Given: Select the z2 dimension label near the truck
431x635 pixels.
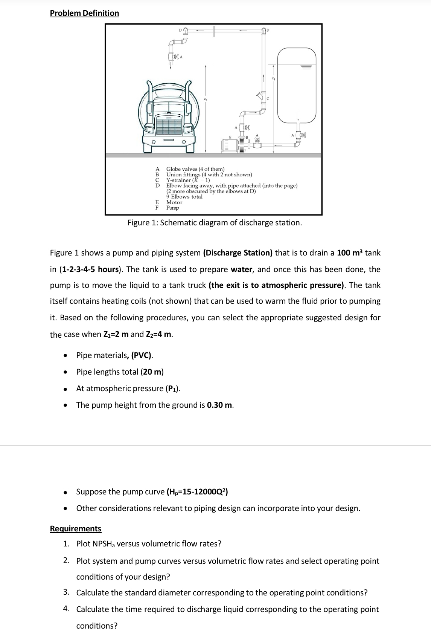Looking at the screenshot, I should [206, 99].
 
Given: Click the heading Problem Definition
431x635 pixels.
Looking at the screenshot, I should [84, 13].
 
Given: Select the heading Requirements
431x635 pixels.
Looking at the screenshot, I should [75, 528].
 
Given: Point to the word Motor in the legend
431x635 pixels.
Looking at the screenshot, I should [174, 202].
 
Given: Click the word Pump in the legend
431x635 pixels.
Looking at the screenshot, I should [173, 208].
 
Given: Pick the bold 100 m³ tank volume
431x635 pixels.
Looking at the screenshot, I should [350, 252].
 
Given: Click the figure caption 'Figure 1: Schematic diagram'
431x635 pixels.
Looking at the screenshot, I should [215, 222].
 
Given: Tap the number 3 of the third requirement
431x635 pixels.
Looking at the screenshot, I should [66, 592].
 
